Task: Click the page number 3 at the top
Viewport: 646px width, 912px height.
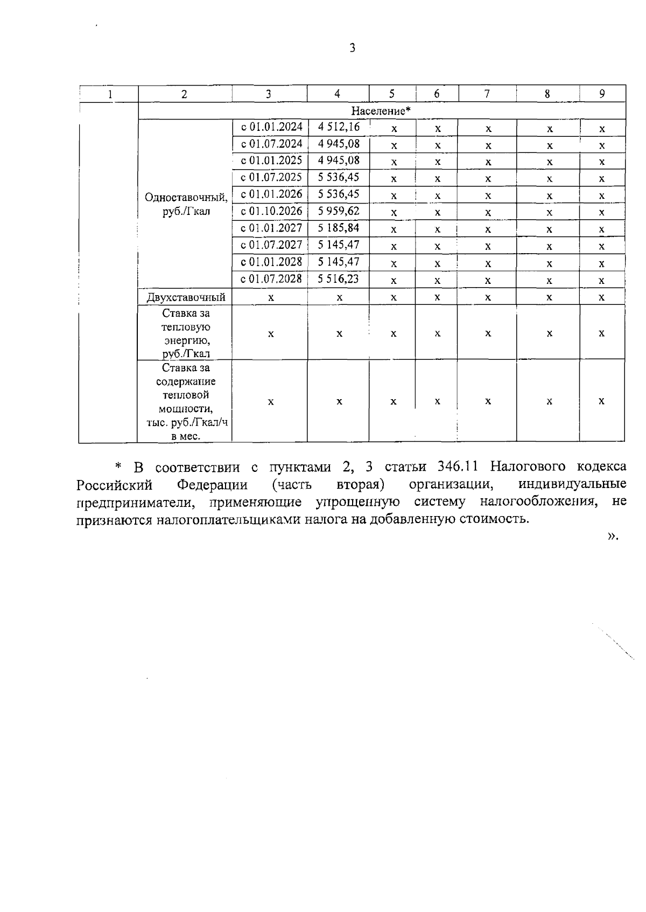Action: pyautogui.click(x=353, y=48)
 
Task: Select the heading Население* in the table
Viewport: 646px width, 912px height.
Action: pyautogui.click(x=381, y=111)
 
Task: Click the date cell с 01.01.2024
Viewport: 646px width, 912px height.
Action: pyautogui.click(x=271, y=127)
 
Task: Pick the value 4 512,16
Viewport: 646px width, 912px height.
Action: pyautogui.click(x=338, y=127)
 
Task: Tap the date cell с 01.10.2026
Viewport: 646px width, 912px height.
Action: pyautogui.click(x=271, y=211)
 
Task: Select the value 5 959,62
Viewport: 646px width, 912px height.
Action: pyautogui.click(x=338, y=211)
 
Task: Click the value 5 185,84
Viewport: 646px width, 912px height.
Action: pyautogui.click(x=338, y=228)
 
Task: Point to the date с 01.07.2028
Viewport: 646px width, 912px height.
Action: pyautogui.click(x=271, y=279)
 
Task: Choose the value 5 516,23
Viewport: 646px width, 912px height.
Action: pyautogui.click(x=338, y=279)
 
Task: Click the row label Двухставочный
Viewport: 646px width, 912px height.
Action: pyautogui.click(x=186, y=297)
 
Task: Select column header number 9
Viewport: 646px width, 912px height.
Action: pyautogui.click(x=602, y=94)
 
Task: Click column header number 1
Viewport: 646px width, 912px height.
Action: pyautogui.click(x=110, y=94)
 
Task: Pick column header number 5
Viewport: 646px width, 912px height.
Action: pyautogui.click(x=392, y=94)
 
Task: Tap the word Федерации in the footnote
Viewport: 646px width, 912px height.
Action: pyautogui.click(x=213, y=485)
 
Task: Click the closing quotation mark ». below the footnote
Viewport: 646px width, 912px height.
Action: pyautogui.click(x=613, y=537)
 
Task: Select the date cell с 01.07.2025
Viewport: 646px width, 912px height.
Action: pyautogui.click(x=271, y=177)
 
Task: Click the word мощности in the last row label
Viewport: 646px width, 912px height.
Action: pyautogui.click(x=185, y=409)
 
